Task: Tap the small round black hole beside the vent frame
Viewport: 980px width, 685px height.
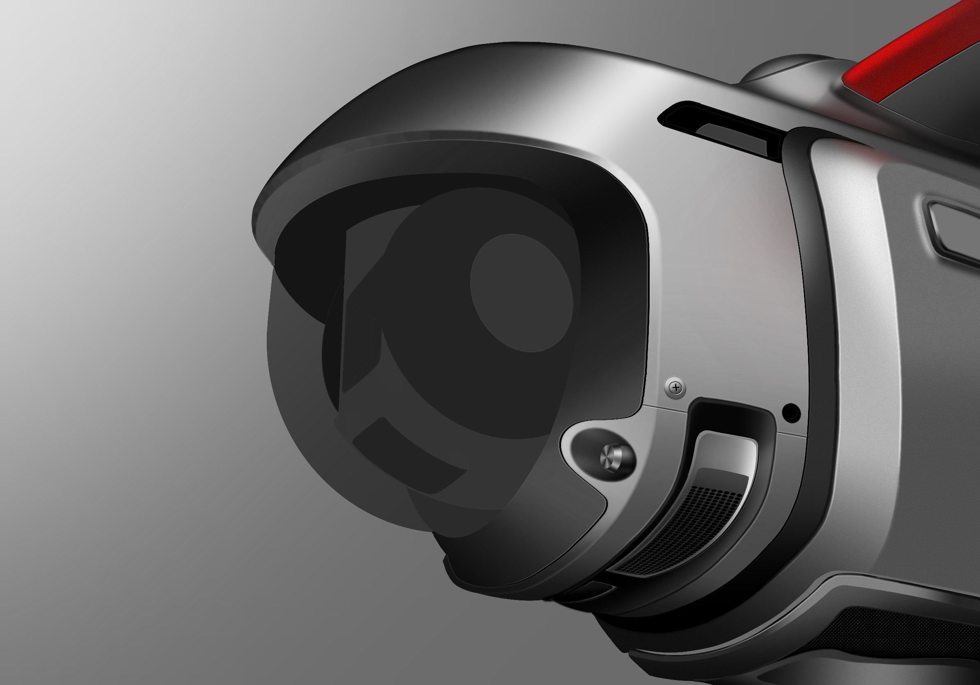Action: click(791, 413)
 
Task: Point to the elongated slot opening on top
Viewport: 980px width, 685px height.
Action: click(721, 128)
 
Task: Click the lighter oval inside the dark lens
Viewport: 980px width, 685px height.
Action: click(522, 293)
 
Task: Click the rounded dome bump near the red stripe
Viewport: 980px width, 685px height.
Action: click(790, 68)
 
